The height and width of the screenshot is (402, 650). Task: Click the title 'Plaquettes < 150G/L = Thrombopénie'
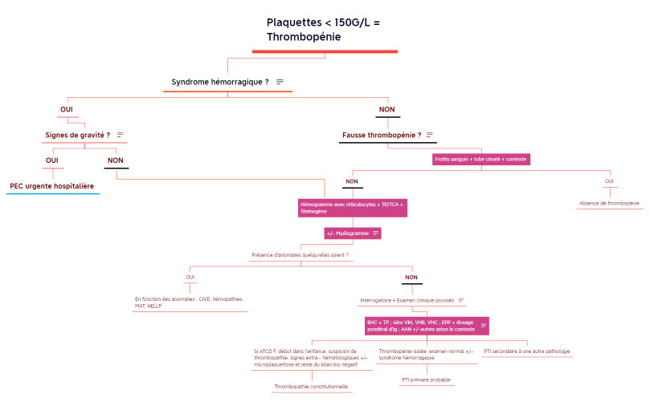(x=323, y=30)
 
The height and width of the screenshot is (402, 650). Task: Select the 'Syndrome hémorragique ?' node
(x=219, y=82)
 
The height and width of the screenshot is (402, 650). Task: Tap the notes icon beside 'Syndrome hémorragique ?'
(x=280, y=82)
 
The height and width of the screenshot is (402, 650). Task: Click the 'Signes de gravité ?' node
(x=77, y=135)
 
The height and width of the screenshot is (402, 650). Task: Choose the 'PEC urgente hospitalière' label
(x=52, y=186)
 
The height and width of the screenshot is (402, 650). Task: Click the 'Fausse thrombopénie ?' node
(x=381, y=135)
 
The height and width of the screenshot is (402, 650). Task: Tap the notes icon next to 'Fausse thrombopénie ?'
(x=430, y=135)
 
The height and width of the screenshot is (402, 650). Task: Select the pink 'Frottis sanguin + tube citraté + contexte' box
(x=481, y=160)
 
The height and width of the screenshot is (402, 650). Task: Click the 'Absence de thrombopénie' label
(x=609, y=204)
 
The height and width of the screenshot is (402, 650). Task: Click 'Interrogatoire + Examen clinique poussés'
(x=407, y=300)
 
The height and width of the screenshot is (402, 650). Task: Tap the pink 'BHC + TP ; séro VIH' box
(x=422, y=326)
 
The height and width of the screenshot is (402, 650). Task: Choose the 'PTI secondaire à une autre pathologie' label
(x=526, y=351)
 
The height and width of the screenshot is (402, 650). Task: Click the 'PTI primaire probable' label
(x=426, y=380)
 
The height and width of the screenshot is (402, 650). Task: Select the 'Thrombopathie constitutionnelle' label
(x=311, y=387)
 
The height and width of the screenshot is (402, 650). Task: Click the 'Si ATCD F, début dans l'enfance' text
(x=311, y=357)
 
